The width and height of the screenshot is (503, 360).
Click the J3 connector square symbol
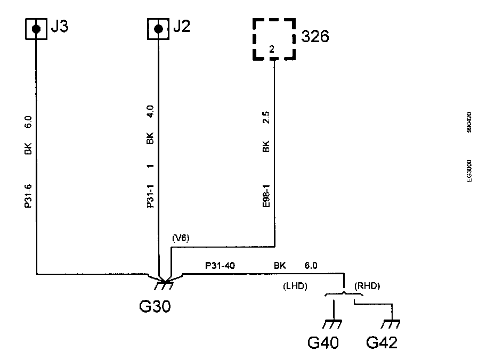[x=36, y=29]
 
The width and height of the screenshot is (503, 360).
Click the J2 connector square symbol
[x=158, y=29]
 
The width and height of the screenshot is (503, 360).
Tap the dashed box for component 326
[x=273, y=39]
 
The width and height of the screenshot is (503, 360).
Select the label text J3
[x=59, y=27]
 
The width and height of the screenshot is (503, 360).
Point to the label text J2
[x=181, y=27]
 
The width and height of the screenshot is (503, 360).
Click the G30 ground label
[x=155, y=307]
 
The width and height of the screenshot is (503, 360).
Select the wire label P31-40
[x=219, y=265]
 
